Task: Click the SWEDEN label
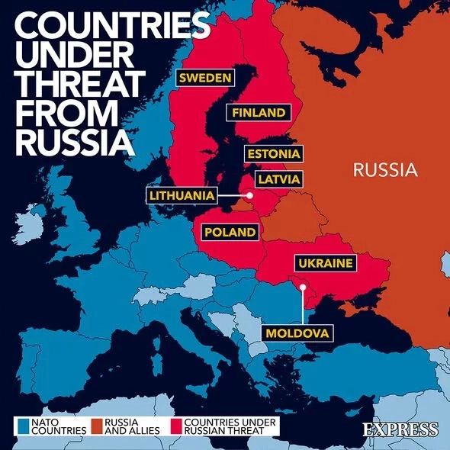tap(205, 77)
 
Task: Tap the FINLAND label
tap(259, 113)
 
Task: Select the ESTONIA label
tap(273, 154)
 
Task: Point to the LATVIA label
tap(278, 179)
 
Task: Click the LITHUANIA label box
tap(182, 195)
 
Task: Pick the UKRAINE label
tap(326, 263)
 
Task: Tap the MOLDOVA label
tap(298, 333)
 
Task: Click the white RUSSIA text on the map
tap(385, 169)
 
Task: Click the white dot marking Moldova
tap(303, 287)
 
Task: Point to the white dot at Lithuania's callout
tap(249, 196)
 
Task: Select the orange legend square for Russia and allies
tap(96, 423)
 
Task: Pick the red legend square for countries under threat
tap(177, 423)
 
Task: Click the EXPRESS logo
tap(400, 429)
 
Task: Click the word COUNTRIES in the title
tap(111, 27)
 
